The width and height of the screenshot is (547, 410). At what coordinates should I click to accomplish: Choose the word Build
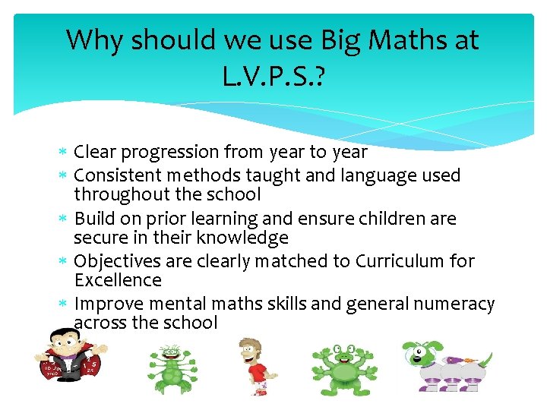click(94, 219)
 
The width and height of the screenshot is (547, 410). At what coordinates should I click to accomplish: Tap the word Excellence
click(118, 280)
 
